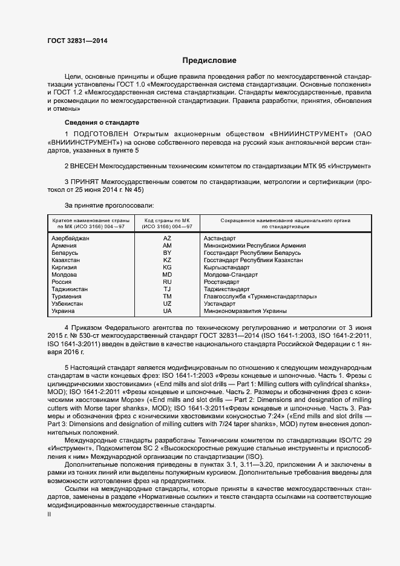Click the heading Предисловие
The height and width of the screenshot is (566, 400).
209,61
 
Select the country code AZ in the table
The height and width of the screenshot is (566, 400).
168,239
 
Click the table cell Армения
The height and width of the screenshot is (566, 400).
65,246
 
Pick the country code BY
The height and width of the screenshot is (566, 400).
168,253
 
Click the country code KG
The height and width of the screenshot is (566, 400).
168,268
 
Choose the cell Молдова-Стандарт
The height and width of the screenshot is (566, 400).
231,275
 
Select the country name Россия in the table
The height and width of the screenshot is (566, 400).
62,282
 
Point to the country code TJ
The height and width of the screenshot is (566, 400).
168,289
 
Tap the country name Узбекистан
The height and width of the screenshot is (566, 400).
68,304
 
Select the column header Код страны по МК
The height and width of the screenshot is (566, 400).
168,222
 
